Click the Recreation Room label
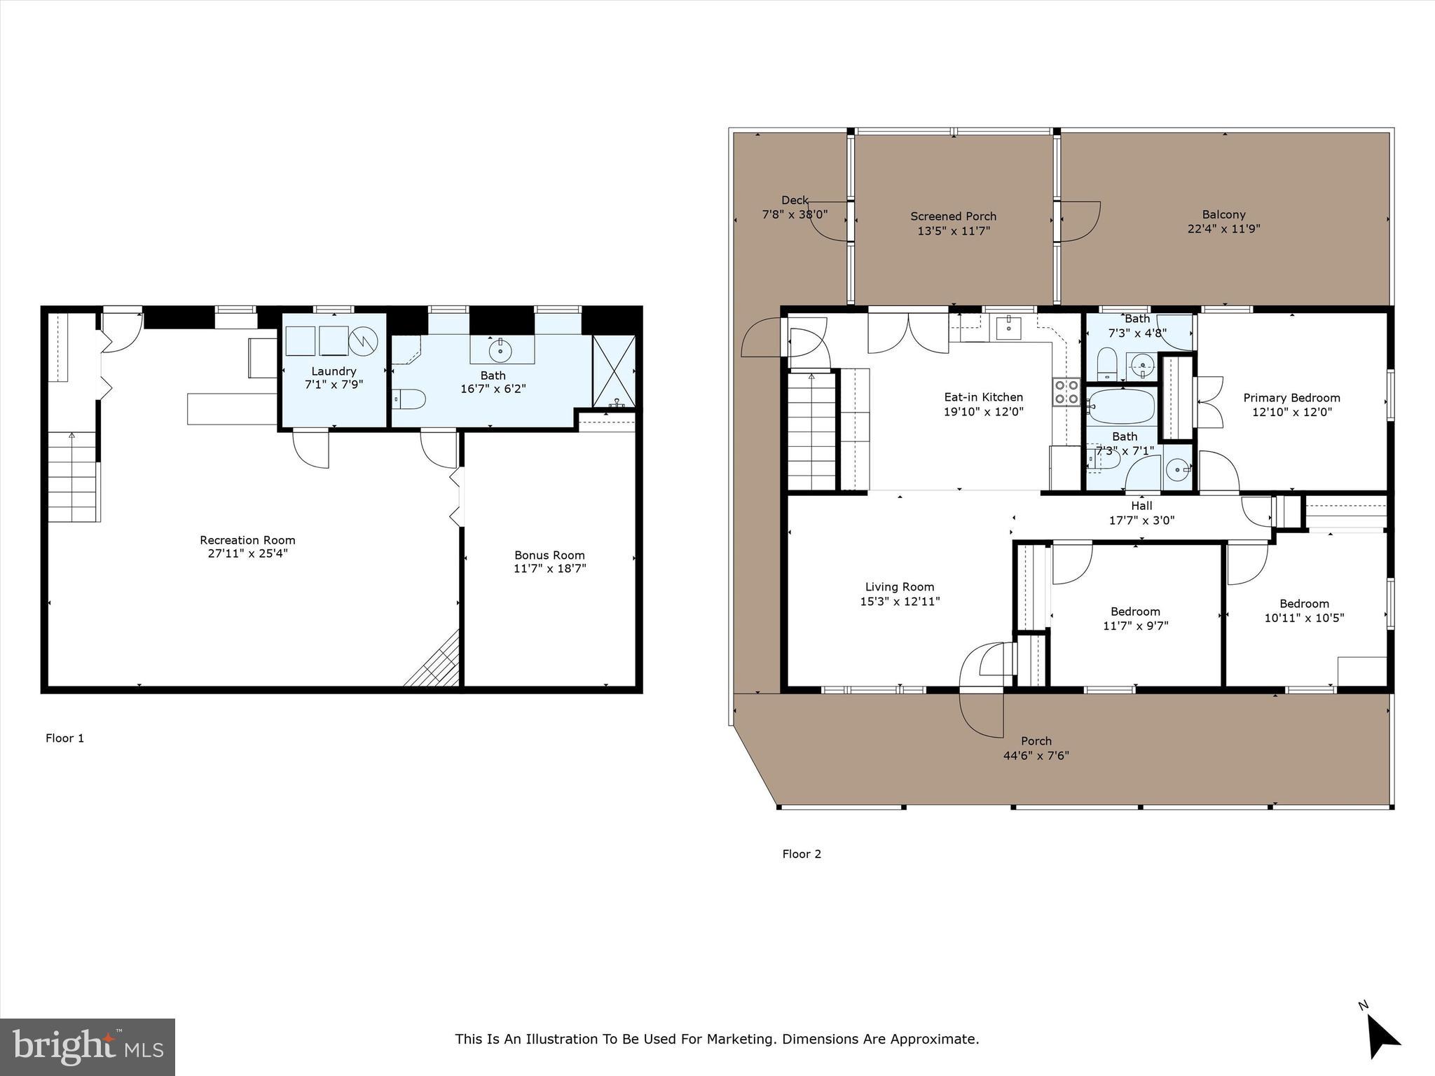point(247,540)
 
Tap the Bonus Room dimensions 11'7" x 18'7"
point(549,569)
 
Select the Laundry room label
point(334,371)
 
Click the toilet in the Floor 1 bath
point(408,399)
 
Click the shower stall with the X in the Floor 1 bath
point(613,372)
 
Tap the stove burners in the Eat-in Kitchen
point(1066,392)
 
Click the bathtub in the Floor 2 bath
point(1121,406)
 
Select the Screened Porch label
point(953,216)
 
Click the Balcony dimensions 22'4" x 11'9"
point(1223,228)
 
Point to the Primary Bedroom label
point(1291,398)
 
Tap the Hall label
point(1141,506)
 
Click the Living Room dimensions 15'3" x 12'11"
point(900,601)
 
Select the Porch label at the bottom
point(1036,741)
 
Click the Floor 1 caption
point(64,738)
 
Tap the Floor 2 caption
point(802,854)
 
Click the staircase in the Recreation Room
point(73,476)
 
